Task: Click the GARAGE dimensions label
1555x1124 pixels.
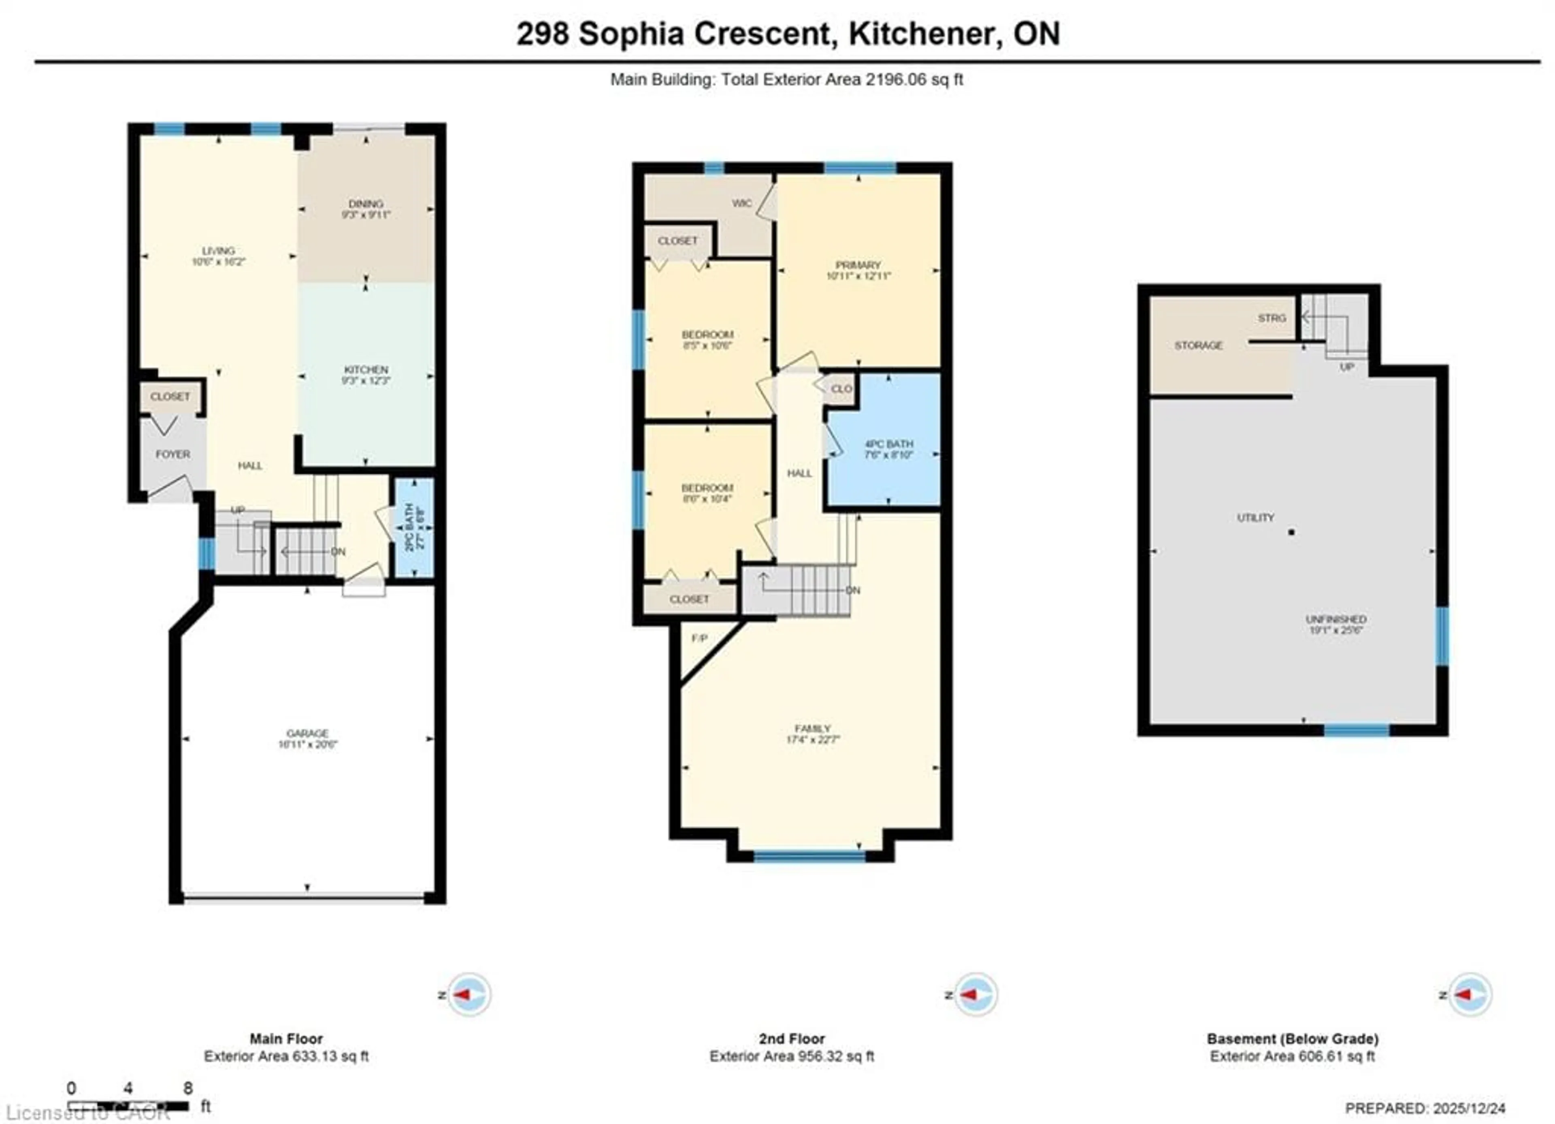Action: point(308,744)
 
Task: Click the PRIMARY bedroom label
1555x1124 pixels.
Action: point(858,265)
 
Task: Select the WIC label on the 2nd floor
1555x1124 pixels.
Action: point(742,203)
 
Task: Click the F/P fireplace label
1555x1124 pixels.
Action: point(699,638)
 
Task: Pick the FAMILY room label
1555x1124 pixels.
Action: point(812,728)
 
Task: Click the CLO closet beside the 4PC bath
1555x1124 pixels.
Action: point(841,389)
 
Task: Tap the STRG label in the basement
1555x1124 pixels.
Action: point(1272,318)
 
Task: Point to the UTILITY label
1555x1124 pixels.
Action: point(1255,518)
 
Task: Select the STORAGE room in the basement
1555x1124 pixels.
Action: point(1199,346)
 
